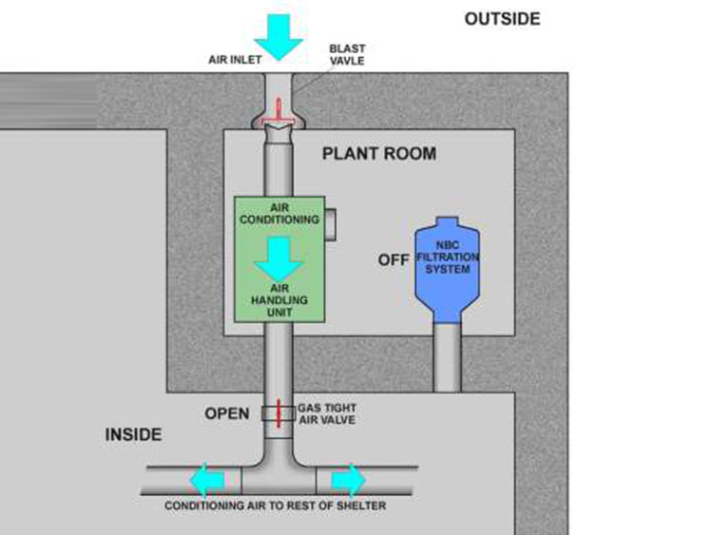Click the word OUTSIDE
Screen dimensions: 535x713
click(502, 19)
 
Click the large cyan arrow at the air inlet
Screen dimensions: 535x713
click(279, 32)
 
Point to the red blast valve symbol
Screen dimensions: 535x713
click(279, 109)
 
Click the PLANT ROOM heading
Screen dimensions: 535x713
click(379, 153)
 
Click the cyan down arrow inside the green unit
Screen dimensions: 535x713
click(279, 256)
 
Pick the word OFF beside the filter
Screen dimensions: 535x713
click(393, 259)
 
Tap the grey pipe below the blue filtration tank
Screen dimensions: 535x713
click(448, 356)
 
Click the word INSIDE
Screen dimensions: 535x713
click(133, 435)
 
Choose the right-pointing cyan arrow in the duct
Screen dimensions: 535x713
click(349, 479)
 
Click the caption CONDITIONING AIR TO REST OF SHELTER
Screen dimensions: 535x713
click(276, 506)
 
